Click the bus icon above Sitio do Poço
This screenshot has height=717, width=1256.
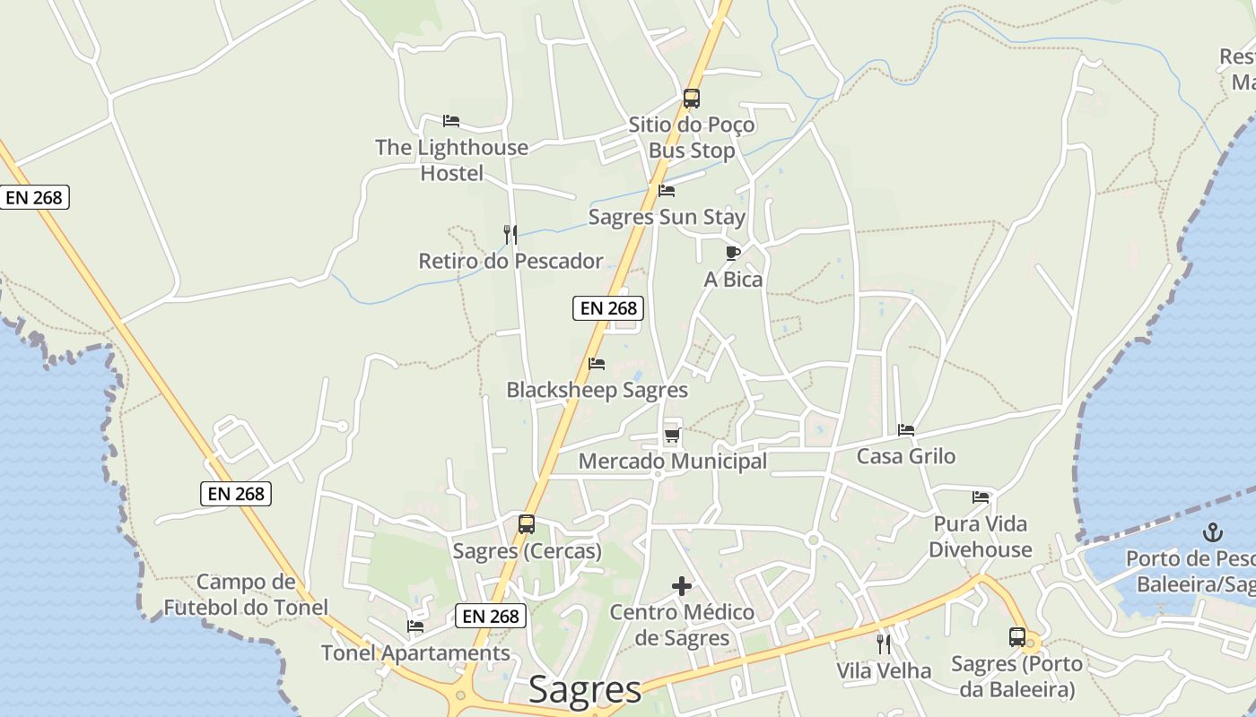[x=691, y=99]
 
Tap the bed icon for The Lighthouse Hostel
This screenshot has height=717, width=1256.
[x=451, y=121]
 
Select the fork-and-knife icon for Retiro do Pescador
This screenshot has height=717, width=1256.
[x=510, y=235]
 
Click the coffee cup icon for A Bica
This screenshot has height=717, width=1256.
[x=732, y=253]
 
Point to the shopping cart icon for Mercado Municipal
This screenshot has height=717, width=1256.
[x=672, y=436]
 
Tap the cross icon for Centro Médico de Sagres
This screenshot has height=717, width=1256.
[x=682, y=587]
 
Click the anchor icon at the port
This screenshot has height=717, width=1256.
[x=1212, y=532]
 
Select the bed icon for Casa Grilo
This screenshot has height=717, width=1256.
[x=906, y=430]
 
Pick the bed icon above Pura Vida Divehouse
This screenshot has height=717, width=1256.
[x=981, y=497]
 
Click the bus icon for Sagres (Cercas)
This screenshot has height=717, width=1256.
[x=527, y=524]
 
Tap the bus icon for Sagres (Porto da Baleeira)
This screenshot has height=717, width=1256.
[x=1016, y=637]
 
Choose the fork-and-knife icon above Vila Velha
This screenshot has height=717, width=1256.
[x=884, y=644]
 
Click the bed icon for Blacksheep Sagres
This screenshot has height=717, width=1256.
[x=597, y=364]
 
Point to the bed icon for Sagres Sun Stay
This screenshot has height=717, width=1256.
[x=667, y=191]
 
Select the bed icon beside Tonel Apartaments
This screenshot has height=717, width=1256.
[x=415, y=626]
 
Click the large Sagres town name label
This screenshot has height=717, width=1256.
[x=585, y=690]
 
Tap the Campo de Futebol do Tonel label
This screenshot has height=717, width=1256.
[x=246, y=595]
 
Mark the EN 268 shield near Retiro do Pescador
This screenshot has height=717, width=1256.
[x=608, y=308]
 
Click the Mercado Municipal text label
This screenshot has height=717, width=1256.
[x=673, y=462]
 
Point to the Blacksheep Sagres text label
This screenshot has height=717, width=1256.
[x=597, y=391]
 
